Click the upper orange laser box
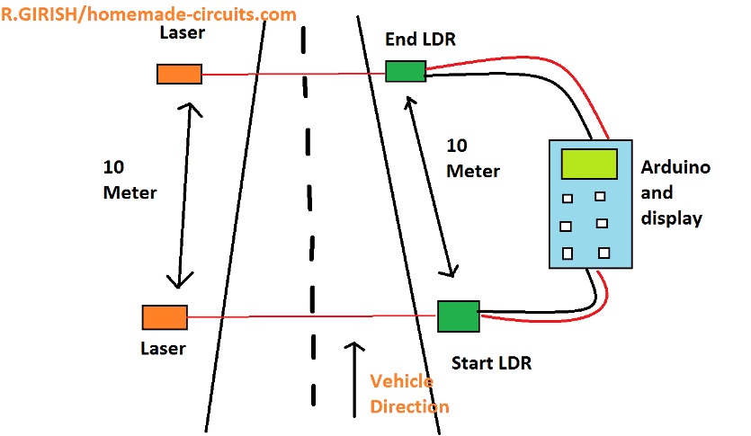pyautogui.click(x=179, y=74)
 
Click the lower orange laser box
pyautogui.click(x=165, y=317)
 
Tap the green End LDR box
pyautogui.click(x=406, y=71)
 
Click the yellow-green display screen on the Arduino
pyautogui.click(x=589, y=165)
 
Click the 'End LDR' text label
pyautogui.click(x=420, y=40)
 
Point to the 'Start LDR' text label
pyautogui.click(x=491, y=363)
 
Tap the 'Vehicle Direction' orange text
pyautogui.click(x=409, y=394)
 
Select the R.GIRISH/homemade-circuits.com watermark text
pyautogui.click(x=148, y=14)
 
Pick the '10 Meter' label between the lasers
pyautogui.click(x=130, y=180)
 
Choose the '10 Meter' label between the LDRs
pyautogui.click(x=473, y=158)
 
